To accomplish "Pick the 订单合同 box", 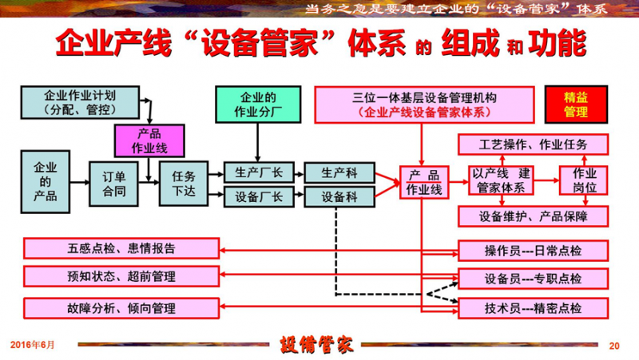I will tap(114, 181).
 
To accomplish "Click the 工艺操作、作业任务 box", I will tap(533, 145).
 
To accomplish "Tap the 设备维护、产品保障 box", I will tap(533, 216).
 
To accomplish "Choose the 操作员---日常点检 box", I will tap(532, 251).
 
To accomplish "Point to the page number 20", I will tap(614, 346).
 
